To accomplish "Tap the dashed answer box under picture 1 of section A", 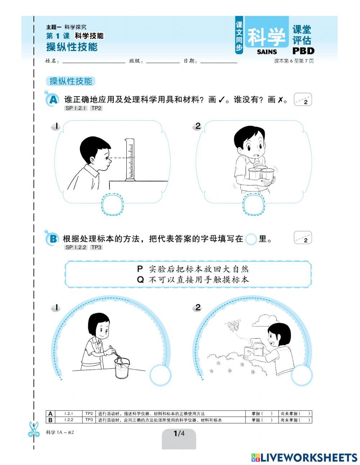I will [x=113, y=204].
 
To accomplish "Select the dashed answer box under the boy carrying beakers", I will [x=254, y=205].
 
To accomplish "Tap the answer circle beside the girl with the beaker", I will [x=160, y=375].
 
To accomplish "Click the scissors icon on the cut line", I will [x=34, y=429].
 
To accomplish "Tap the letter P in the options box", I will [x=140, y=269].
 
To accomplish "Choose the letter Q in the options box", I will [x=140, y=280].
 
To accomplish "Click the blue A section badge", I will [x=53, y=100].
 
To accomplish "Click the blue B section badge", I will [x=53, y=238].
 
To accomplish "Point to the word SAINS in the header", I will [x=267, y=52].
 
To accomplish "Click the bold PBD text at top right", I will [x=303, y=51].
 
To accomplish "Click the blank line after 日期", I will [x=219, y=61].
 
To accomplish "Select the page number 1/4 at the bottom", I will [x=179, y=434].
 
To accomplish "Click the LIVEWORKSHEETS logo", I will [x=304, y=457].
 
